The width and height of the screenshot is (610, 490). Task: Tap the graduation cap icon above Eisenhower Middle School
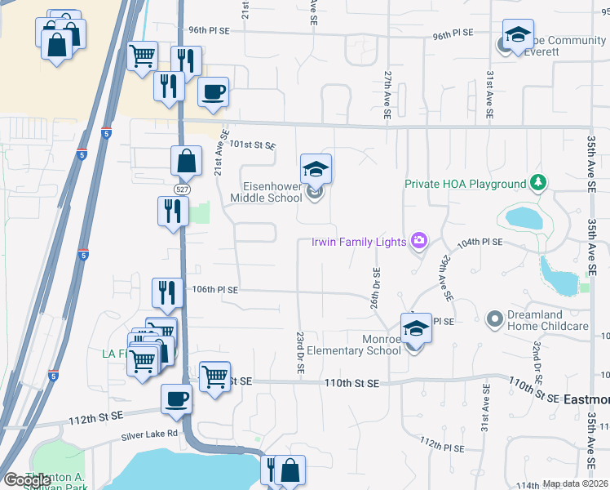pos(316,169)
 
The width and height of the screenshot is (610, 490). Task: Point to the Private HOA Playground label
pos(464,184)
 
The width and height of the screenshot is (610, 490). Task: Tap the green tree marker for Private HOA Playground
pos(537,183)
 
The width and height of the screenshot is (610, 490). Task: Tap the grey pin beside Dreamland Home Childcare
pos(493,318)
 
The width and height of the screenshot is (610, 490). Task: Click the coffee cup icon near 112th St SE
pos(176,399)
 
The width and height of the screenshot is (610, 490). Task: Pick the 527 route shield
pos(176,187)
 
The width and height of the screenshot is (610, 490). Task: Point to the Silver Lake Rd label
pos(149,434)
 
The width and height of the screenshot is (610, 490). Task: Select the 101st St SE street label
pos(253,145)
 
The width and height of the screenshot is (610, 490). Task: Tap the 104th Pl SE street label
pos(480,243)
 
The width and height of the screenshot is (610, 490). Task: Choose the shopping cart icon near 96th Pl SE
pos(143,56)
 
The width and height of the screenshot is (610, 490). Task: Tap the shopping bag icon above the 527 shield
pos(186,161)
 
